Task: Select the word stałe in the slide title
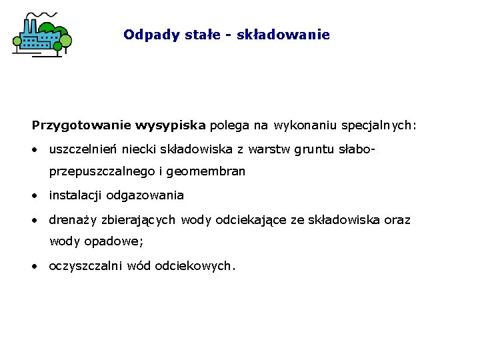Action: (204, 35)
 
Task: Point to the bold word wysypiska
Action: (171, 125)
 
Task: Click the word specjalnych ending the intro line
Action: (378, 125)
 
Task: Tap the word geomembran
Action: (206, 172)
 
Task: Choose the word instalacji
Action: (76, 196)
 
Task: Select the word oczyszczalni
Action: (85, 266)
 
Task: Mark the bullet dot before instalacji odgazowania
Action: (33, 196)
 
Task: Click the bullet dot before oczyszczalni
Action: (33, 266)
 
